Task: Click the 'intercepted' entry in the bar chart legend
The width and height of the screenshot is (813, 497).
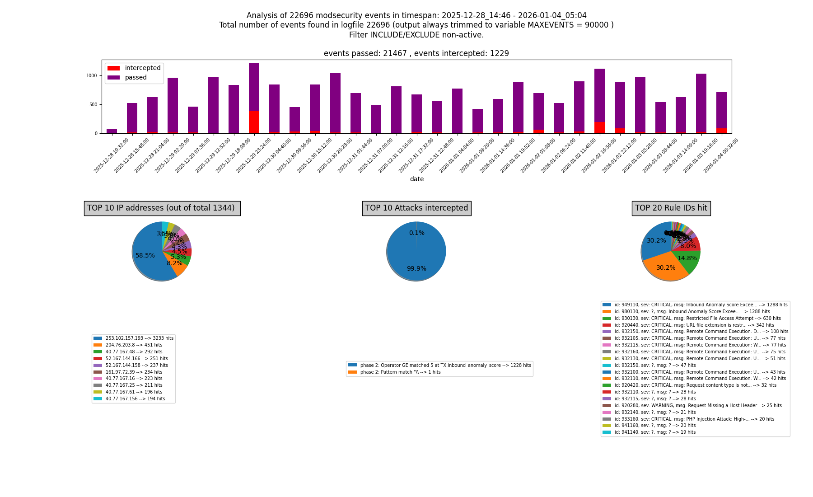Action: [x=142, y=68]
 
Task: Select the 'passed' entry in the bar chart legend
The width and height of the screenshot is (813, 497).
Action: [x=135, y=78]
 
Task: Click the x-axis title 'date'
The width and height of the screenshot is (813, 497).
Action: [x=416, y=179]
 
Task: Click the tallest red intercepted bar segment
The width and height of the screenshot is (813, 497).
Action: [x=254, y=122]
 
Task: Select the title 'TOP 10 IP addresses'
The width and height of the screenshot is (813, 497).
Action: [x=162, y=208]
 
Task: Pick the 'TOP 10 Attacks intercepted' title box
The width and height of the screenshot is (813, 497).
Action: [x=416, y=208]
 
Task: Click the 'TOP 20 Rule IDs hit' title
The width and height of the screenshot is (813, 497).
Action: [x=671, y=208]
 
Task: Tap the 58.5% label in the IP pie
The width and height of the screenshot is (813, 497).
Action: [x=145, y=256]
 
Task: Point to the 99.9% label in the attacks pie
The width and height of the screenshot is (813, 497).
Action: [x=416, y=269]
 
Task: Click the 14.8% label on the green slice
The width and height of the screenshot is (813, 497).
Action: [x=687, y=258]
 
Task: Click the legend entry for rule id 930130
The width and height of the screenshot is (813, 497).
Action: [x=691, y=319]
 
